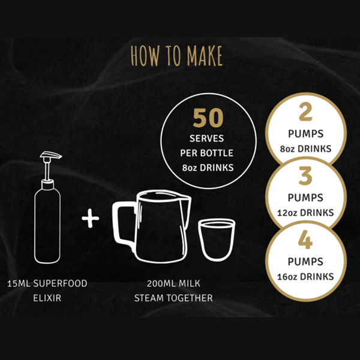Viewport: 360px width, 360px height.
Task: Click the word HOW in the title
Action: coord(145,56)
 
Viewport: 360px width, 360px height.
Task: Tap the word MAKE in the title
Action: coord(205,56)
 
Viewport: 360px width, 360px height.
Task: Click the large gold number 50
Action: coord(208,118)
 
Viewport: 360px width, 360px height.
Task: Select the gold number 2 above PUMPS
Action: coord(305,112)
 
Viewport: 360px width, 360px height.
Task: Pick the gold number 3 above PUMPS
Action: coord(305,176)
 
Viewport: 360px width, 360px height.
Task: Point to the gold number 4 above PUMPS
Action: coord(305,239)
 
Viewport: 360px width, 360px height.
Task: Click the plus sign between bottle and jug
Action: coord(91,218)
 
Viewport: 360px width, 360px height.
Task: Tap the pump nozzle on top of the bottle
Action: coord(51,155)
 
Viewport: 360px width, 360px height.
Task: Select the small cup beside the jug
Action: coord(217,239)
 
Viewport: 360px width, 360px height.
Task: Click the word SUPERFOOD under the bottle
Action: coord(60,283)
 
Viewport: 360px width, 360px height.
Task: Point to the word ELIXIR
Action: coord(47,298)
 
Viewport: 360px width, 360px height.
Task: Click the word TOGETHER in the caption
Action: coord(190,298)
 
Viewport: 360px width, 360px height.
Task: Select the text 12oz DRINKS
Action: coord(305,213)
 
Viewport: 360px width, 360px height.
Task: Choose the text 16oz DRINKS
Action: coord(305,277)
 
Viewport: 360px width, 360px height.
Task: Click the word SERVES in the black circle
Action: coord(206,139)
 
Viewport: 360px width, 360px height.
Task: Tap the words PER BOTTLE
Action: coord(206,153)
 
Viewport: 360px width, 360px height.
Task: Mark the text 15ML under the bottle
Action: coord(19,283)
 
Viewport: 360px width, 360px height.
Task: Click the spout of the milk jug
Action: coord(187,199)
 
